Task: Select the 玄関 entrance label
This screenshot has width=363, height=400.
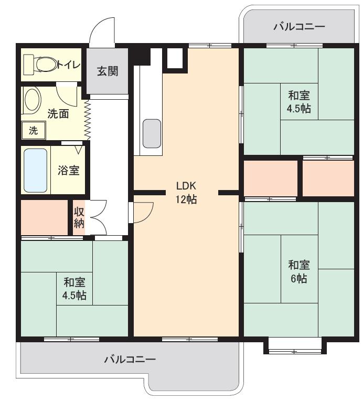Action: click(x=107, y=71)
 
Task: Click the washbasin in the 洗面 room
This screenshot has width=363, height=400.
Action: click(x=33, y=100)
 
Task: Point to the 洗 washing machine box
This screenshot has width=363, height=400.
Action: click(x=33, y=131)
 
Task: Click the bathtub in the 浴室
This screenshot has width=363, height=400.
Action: click(x=36, y=170)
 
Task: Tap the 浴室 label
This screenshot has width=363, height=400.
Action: click(x=68, y=171)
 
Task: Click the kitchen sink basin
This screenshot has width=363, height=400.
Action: click(x=152, y=133)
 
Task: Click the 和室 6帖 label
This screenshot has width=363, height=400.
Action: click(x=298, y=271)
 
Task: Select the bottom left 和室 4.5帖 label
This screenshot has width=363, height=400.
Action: click(x=74, y=289)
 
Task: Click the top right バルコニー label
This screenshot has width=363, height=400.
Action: click(x=299, y=27)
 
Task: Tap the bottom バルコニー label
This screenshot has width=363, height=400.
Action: click(x=130, y=360)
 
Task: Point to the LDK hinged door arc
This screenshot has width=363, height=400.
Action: click(x=143, y=210)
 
